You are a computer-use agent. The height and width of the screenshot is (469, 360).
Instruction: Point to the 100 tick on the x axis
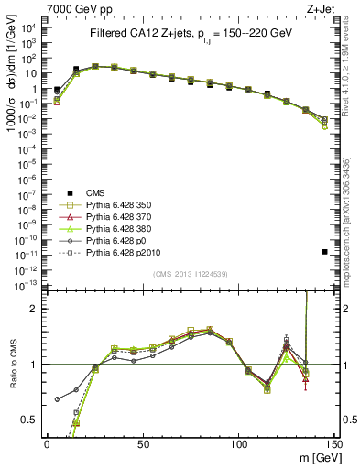[x=239, y=442]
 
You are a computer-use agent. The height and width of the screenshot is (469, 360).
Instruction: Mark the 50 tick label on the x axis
[x=143, y=442]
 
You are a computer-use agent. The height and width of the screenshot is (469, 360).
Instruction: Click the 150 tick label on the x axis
[x=335, y=442]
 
